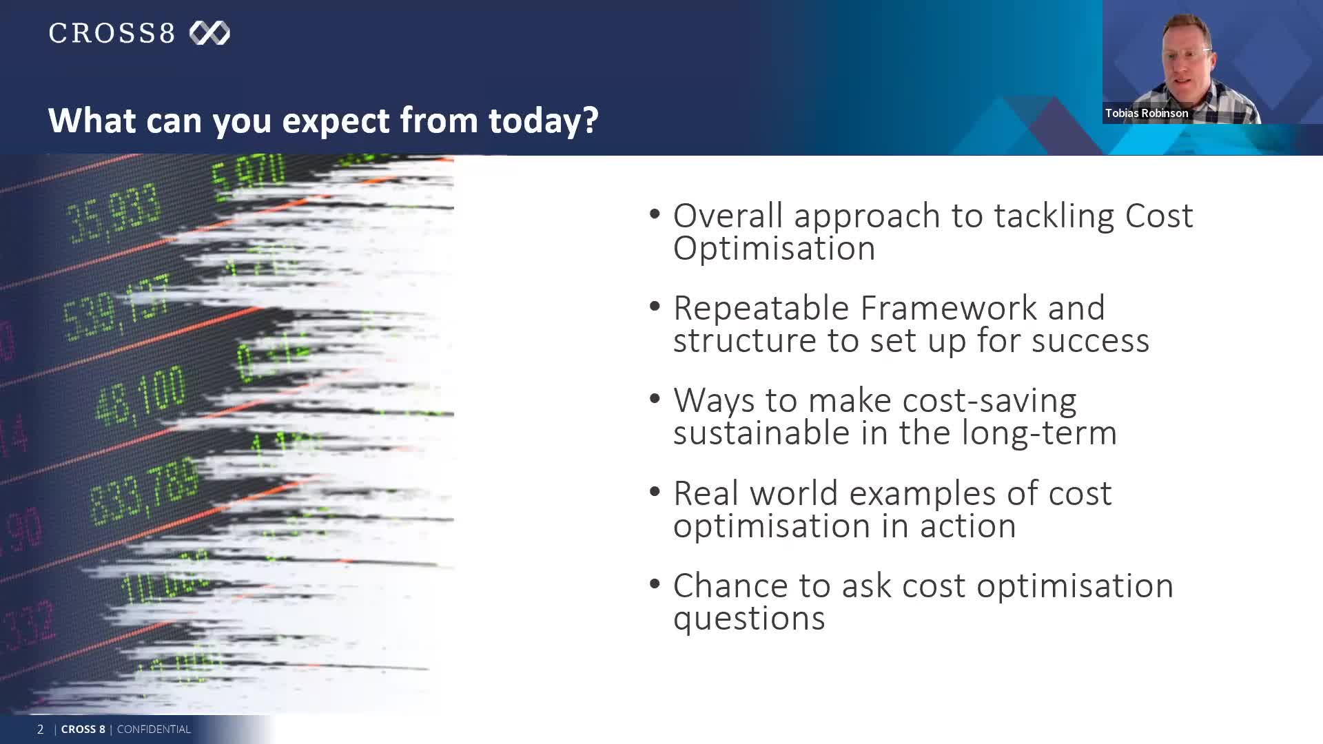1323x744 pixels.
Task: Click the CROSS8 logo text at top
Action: coord(112,33)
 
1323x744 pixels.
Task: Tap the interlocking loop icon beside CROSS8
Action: coord(209,33)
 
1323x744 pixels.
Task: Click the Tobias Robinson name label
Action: coord(1147,113)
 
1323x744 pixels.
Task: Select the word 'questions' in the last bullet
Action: coord(748,618)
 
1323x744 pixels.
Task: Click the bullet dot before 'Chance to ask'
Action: coord(655,584)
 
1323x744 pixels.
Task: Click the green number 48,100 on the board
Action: coord(141,396)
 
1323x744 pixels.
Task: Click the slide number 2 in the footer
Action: coord(40,729)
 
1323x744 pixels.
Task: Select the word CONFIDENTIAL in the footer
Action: coord(154,729)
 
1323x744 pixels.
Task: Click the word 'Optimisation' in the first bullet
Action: coord(774,249)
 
